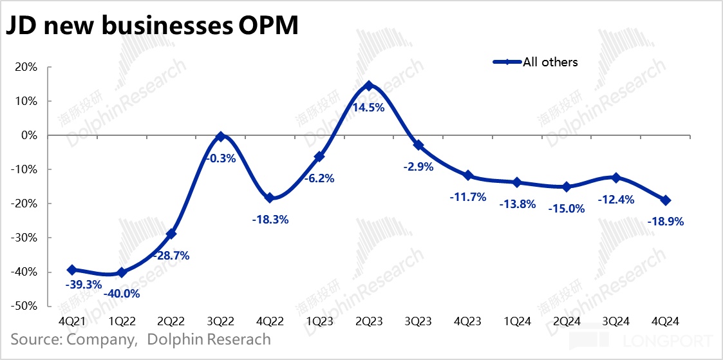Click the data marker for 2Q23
pyautogui.click(x=368, y=86)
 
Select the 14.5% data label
pyautogui.click(x=368, y=108)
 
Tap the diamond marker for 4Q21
pyautogui.click(x=71, y=270)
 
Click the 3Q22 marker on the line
pyautogui.click(x=220, y=137)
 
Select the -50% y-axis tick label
pyautogui.click(x=26, y=306)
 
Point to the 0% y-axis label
pyautogui.click(x=32, y=135)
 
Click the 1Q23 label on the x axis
pyautogui.click(x=319, y=321)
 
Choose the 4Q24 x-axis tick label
pyautogui.click(x=665, y=321)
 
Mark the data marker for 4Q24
pyautogui.click(x=665, y=200)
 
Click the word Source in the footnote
pyautogui.click(x=36, y=339)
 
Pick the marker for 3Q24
pyautogui.click(x=615, y=178)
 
